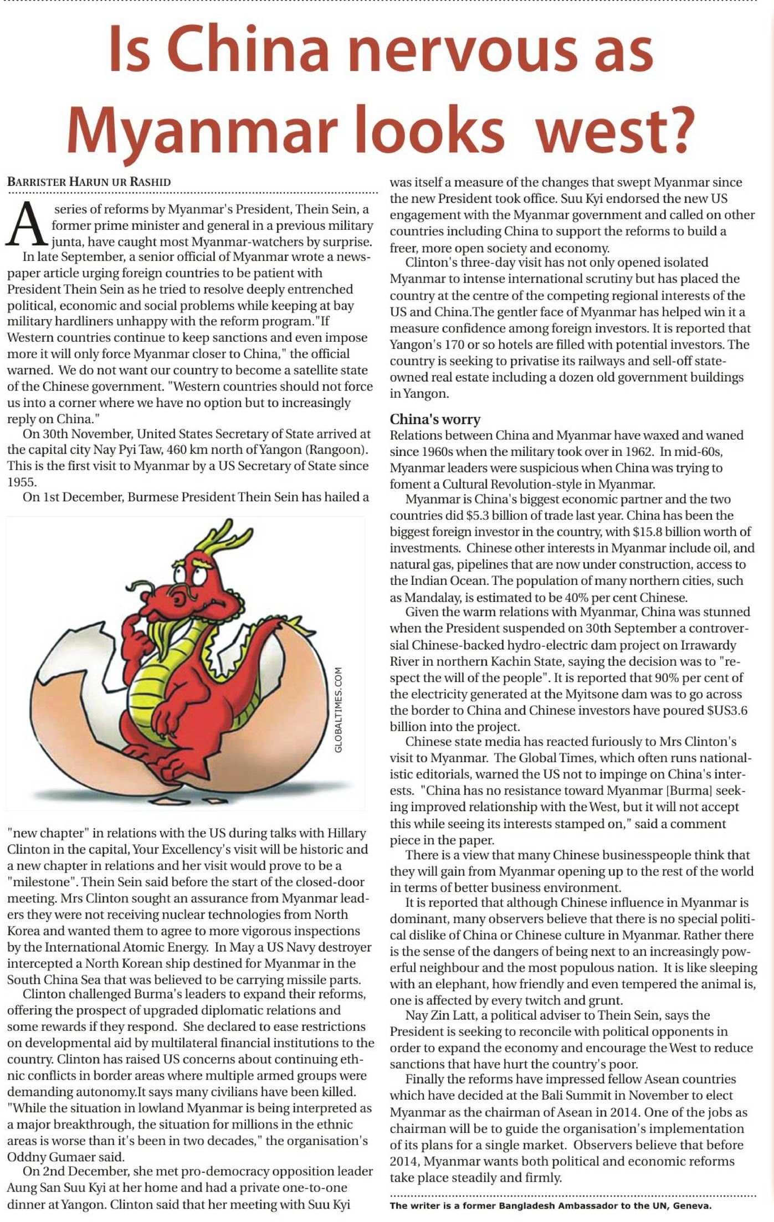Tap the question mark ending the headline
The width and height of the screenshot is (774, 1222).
tap(676, 129)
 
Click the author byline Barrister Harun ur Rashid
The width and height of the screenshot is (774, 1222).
tap(89, 182)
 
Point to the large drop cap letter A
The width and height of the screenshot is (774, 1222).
tap(25, 225)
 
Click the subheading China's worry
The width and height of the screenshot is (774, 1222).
tap(435, 419)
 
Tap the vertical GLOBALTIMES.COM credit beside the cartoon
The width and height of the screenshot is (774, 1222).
tap(339, 710)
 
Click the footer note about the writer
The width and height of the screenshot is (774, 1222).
tap(551, 1205)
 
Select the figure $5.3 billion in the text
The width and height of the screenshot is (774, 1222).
tap(496, 515)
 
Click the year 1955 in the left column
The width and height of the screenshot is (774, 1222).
tap(21, 482)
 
